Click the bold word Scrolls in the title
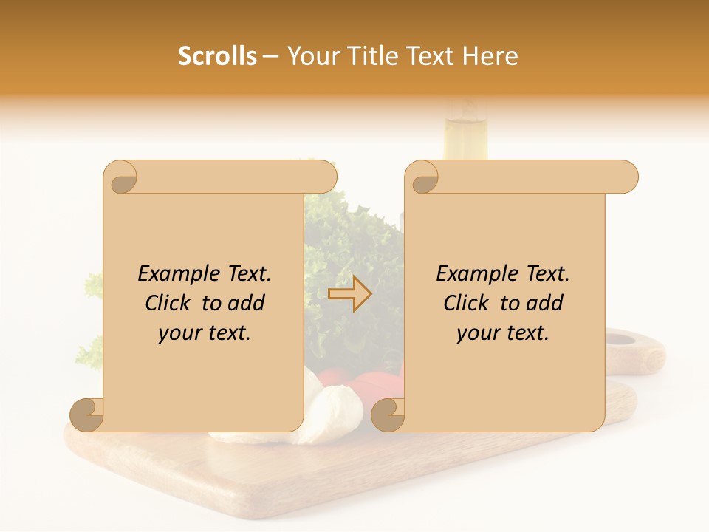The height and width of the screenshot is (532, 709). pyautogui.click(x=217, y=56)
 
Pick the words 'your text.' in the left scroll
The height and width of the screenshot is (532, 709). pyautogui.click(x=205, y=333)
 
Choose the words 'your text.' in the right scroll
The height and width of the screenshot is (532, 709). pyautogui.click(x=503, y=333)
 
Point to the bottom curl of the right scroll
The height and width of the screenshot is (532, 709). pyautogui.click(x=388, y=415)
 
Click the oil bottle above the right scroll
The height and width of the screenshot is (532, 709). pyautogui.click(x=465, y=137)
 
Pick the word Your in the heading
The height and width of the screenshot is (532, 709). pyautogui.click(x=311, y=56)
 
